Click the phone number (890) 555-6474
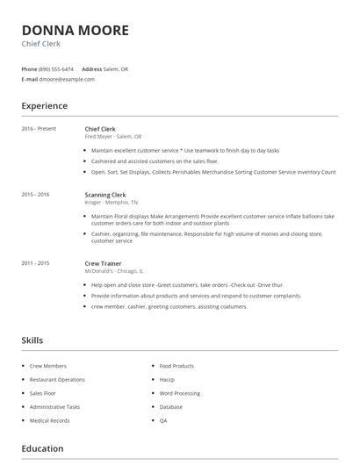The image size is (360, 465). [x=56, y=68]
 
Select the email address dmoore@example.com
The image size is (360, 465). [x=67, y=79]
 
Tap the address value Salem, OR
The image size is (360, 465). [x=117, y=68]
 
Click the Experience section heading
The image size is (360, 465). [x=44, y=106]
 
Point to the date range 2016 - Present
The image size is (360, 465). [x=39, y=129]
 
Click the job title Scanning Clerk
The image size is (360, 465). [x=105, y=194]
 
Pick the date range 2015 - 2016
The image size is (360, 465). [x=35, y=194]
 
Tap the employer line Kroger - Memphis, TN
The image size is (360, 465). [x=112, y=202]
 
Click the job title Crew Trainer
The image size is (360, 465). [x=103, y=263]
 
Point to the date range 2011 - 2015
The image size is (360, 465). [x=35, y=263]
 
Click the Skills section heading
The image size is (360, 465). [x=32, y=340]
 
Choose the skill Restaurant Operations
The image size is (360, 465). [x=57, y=380]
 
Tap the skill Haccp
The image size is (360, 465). [x=167, y=380]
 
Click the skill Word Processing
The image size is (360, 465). [x=179, y=393]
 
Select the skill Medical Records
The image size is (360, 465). [x=49, y=420]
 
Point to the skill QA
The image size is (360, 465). [x=163, y=420]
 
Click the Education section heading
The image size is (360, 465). [x=42, y=448]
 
